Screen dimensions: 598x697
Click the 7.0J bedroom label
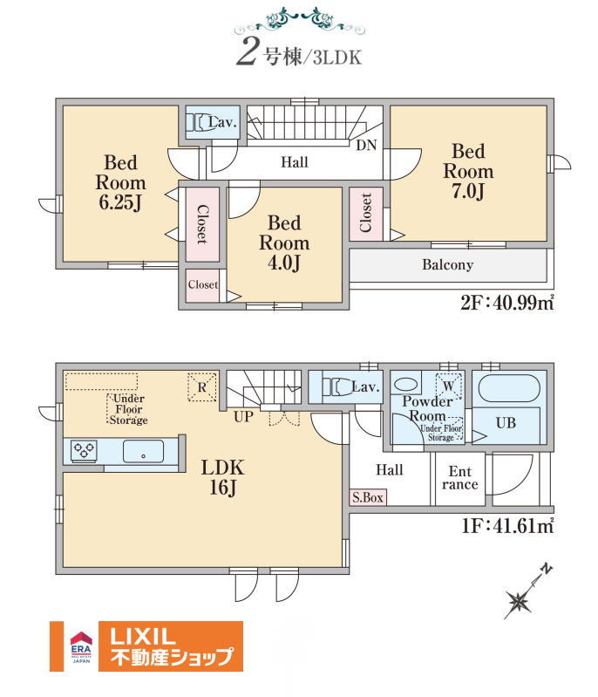click(468, 171)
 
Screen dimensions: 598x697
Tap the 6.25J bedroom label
click(120, 182)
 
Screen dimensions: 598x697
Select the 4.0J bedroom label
click(284, 243)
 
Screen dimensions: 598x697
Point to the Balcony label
click(447, 265)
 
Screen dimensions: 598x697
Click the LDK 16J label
click(222, 477)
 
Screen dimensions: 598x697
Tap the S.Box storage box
click(368, 497)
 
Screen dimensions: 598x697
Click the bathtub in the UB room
click(509, 389)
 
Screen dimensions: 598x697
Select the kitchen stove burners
click(84, 450)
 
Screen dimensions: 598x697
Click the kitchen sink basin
click(143, 452)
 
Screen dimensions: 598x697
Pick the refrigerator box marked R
click(202, 386)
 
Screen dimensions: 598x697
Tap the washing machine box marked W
click(449, 386)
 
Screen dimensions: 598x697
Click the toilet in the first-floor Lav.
click(337, 386)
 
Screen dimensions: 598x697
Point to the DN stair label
click(366, 146)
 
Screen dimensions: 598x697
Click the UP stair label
click(243, 416)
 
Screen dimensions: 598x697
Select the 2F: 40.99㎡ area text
click(507, 303)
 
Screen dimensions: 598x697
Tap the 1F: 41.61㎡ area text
click(507, 526)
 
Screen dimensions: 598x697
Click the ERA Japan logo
click(81, 646)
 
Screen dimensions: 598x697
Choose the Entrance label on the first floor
click(459, 478)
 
